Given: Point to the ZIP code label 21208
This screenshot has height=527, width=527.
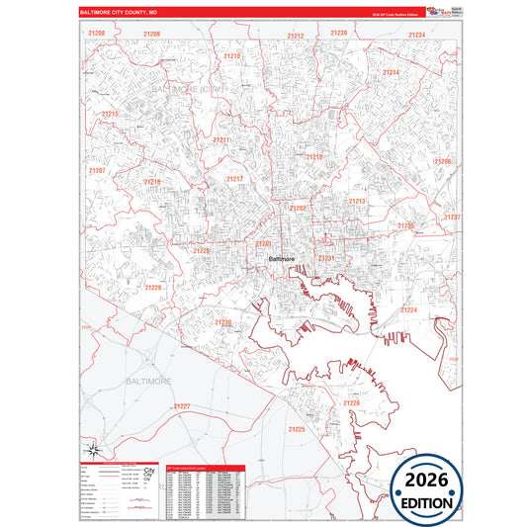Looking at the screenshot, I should [97, 34].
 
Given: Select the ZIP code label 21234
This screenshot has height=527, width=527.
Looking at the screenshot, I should [416, 35].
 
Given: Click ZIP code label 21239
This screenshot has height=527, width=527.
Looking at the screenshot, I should [339, 34].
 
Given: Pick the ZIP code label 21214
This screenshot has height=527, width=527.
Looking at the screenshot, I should [391, 73].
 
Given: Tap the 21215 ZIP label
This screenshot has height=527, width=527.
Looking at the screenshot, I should [110, 115].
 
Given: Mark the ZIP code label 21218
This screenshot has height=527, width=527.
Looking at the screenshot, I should [313, 157].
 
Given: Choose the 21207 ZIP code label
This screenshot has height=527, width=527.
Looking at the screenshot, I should [97, 170].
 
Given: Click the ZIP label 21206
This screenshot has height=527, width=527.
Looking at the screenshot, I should [442, 161].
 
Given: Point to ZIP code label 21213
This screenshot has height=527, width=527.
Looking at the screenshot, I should [357, 201].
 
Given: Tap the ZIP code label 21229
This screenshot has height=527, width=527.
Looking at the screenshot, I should [153, 287].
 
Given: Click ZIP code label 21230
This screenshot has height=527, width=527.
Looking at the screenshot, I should [223, 322].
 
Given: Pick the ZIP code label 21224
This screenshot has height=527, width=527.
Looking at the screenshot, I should [408, 310].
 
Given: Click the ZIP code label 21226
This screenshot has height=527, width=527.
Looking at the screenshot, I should [352, 403].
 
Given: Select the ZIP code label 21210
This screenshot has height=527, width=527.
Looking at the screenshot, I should [231, 56].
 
